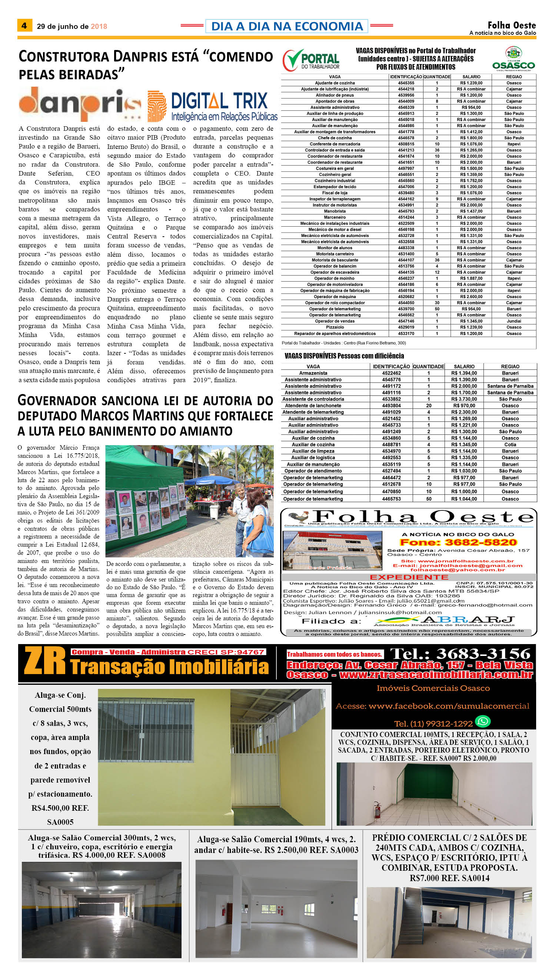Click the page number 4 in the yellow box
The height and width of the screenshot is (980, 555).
point(24,26)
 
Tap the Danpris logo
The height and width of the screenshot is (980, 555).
point(80,104)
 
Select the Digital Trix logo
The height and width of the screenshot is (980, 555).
point(213,106)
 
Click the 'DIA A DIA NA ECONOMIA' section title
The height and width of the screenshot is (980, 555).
point(287,26)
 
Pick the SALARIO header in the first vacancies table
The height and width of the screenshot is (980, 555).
point(471,77)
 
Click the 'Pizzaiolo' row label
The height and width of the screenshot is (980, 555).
point(335,327)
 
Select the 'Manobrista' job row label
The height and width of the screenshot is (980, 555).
point(335,211)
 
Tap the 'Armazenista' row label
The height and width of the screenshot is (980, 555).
point(313,373)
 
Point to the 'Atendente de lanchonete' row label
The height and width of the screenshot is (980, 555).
point(313,406)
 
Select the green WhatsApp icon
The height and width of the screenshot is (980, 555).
point(483,721)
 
